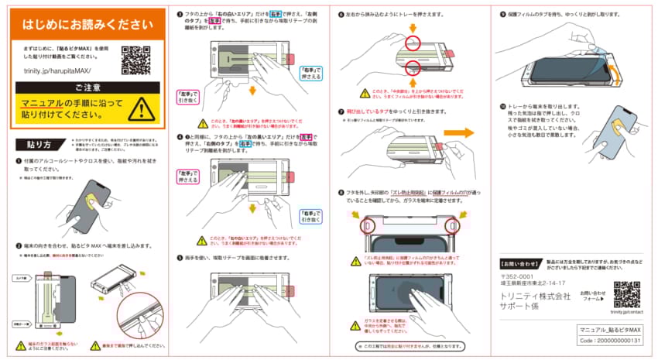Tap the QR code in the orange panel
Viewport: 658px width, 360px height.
coord(136,60)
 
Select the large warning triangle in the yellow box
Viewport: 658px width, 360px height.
coord(140,109)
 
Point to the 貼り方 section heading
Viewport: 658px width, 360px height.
coord(38,144)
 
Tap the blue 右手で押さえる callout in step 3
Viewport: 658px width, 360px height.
coord(311,74)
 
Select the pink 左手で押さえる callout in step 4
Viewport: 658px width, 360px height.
coord(189,175)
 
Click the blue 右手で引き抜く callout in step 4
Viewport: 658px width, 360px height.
coord(311,216)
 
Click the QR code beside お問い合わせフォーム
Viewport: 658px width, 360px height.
coord(626,293)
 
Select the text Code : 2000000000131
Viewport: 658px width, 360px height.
coord(611,341)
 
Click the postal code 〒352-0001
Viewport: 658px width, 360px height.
coord(518,276)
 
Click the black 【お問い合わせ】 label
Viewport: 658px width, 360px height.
coord(520,264)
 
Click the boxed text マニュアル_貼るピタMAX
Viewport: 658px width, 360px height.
coord(611,331)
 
